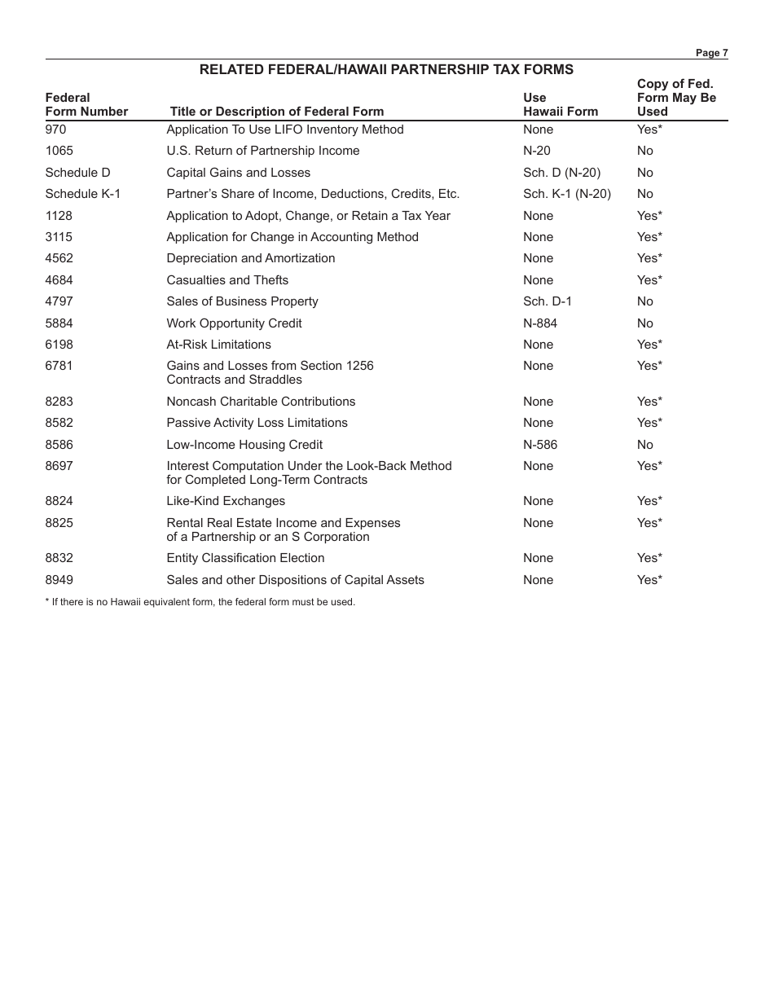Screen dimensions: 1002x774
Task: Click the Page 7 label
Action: (x=711, y=53)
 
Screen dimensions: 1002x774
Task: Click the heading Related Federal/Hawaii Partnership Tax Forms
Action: (x=386, y=70)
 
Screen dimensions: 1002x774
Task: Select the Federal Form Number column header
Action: (x=86, y=105)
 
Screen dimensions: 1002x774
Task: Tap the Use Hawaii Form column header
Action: (x=560, y=105)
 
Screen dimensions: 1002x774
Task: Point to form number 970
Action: (x=55, y=130)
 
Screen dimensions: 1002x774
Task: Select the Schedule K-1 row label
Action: (x=82, y=194)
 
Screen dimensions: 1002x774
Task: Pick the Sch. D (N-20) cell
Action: (x=561, y=173)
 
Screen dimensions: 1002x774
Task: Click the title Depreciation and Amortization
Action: (x=250, y=258)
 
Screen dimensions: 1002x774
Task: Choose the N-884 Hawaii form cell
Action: (x=540, y=323)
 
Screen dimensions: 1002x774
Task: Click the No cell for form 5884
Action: (x=644, y=323)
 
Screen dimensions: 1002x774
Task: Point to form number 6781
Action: (x=59, y=366)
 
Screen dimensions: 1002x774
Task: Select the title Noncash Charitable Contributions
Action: (x=261, y=402)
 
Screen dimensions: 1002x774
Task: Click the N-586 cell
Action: (x=540, y=445)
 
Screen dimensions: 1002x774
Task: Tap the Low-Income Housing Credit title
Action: (x=244, y=445)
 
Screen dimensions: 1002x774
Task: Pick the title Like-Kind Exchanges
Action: (x=226, y=501)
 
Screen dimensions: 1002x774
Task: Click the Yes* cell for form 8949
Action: (x=649, y=580)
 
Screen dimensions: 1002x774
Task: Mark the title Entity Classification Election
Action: (x=245, y=558)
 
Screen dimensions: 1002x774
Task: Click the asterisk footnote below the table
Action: (x=200, y=603)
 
